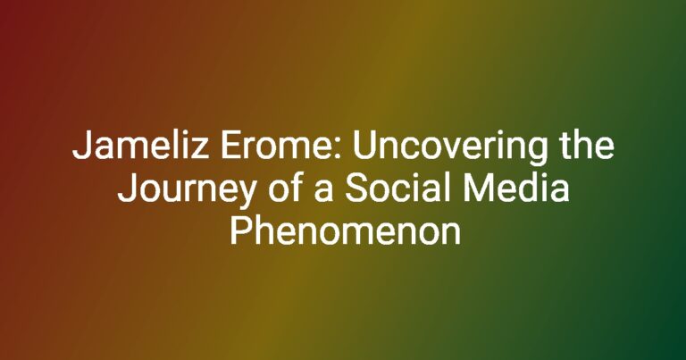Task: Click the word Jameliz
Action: [x=140, y=146]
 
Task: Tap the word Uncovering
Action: [x=450, y=148]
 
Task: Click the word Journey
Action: [x=186, y=190]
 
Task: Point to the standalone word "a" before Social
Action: [x=323, y=192]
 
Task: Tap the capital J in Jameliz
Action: [x=81, y=147]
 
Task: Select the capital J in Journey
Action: [x=127, y=189]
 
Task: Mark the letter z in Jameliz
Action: [x=201, y=149]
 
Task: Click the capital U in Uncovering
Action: [x=364, y=147]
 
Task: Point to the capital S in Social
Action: [x=356, y=188]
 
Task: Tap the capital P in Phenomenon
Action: [x=239, y=231]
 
